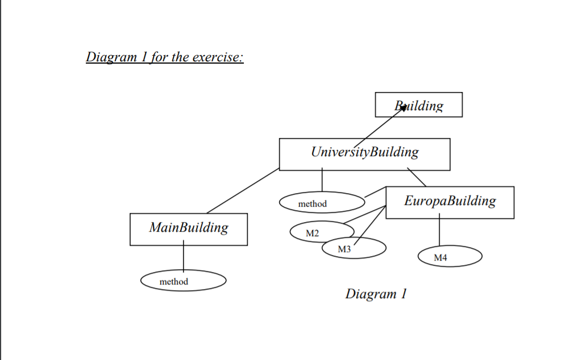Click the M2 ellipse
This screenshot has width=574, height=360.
(x=314, y=233)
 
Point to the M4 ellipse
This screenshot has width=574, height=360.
(x=450, y=257)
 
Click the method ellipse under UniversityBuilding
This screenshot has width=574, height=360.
(x=322, y=203)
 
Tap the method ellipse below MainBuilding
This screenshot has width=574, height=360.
(x=183, y=281)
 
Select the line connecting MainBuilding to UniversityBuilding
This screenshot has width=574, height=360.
(x=243, y=191)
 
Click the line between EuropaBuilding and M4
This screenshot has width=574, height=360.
(x=439, y=232)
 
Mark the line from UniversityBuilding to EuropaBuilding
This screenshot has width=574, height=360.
(x=417, y=178)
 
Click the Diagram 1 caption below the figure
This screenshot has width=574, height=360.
(x=376, y=294)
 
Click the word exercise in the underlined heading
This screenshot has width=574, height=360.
(x=217, y=57)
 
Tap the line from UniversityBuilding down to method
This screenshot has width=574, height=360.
(x=322, y=181)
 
